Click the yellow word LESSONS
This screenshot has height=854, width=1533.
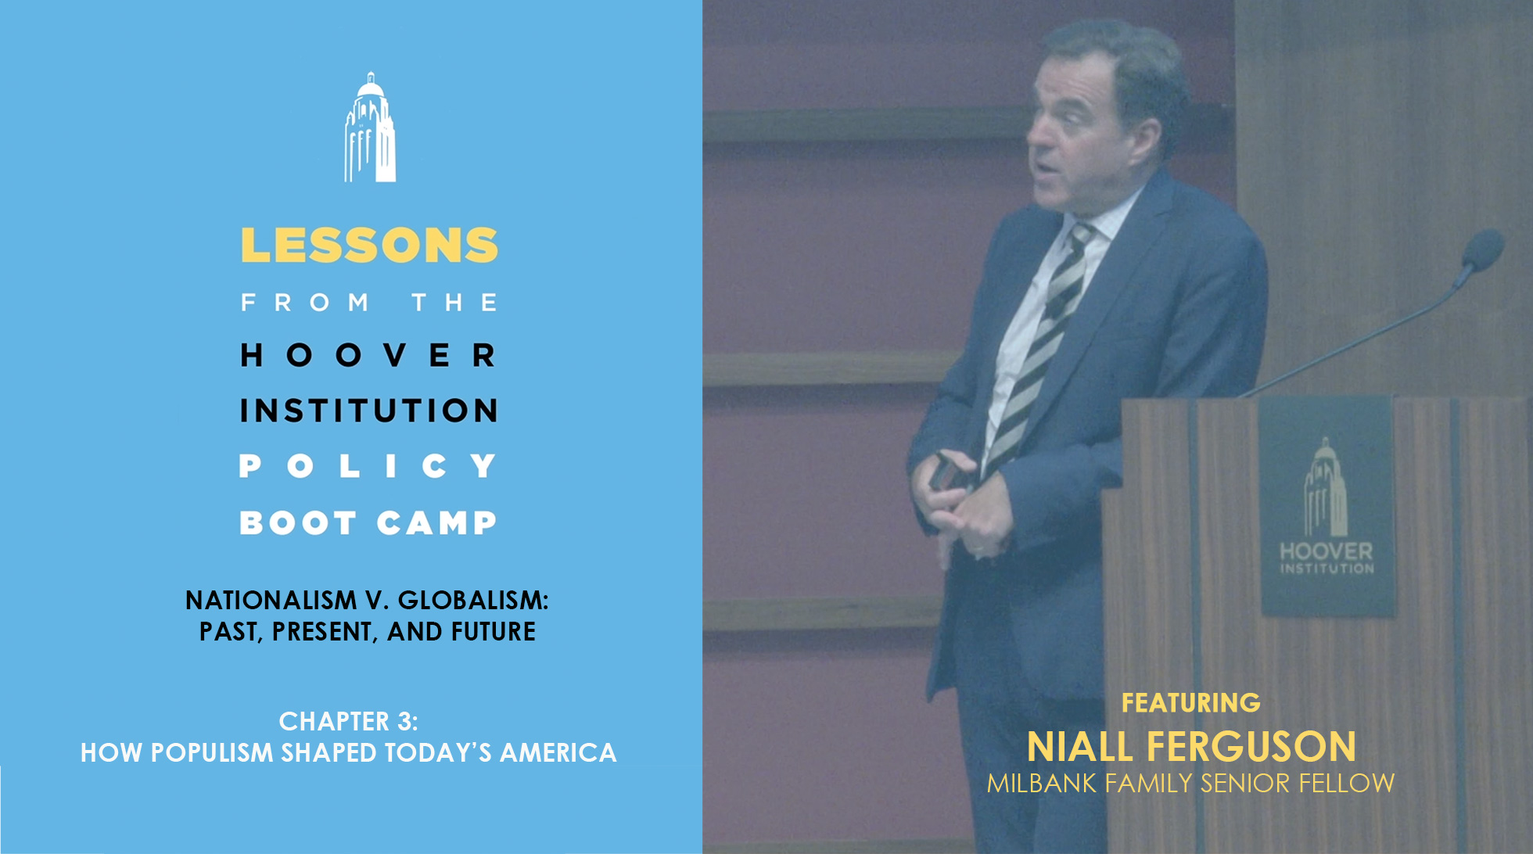pos(369,245)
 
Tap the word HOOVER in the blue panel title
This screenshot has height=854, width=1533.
pos(368,355)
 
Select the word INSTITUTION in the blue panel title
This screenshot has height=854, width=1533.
pos(368,411)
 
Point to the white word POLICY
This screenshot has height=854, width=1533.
pos(368,466)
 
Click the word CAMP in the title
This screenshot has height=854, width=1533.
pos(436,522)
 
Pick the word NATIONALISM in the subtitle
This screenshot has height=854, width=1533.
pos(271,600)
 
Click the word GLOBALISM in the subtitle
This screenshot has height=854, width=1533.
pos(473,600)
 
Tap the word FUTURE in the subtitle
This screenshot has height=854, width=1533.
pos(493,631)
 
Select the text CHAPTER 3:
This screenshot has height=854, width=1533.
pos(349,721)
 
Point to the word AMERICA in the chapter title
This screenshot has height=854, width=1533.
pos(558,752)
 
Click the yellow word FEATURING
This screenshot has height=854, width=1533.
pos(1191,702)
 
